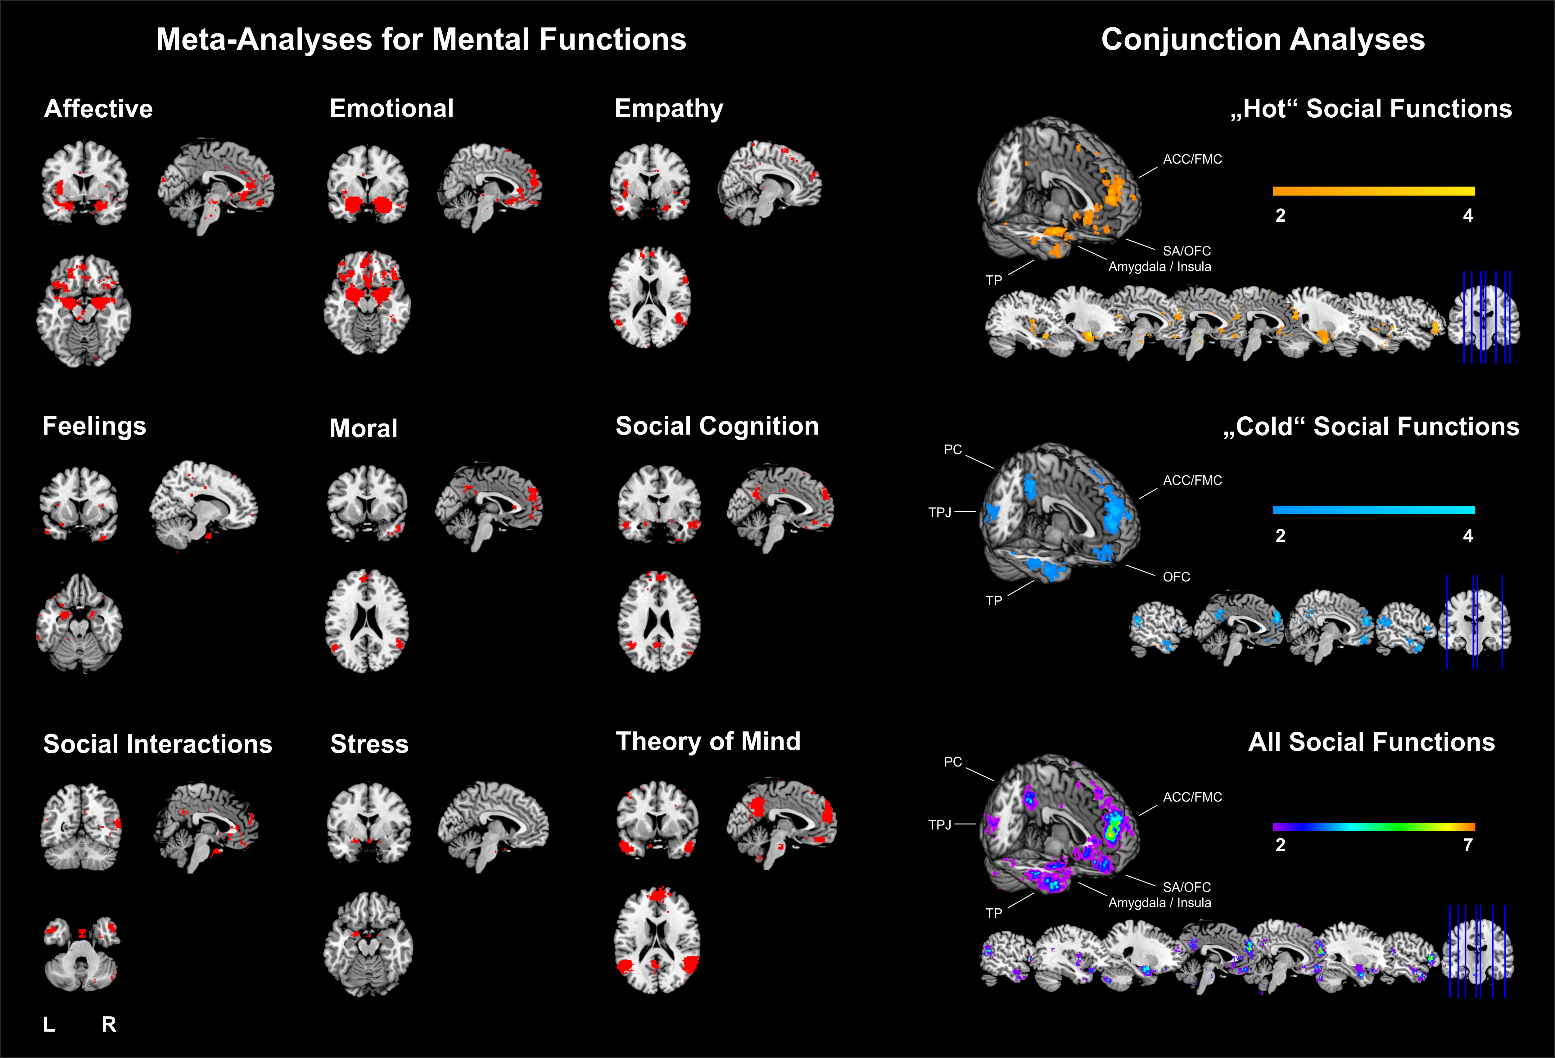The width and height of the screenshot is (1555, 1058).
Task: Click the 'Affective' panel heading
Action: (x=98, y=108)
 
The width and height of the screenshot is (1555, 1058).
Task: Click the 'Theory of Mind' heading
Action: (x=708, y=741)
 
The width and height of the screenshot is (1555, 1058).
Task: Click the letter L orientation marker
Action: (x=49, y=1024)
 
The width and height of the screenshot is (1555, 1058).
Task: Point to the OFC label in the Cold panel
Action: (x=1176, y=577)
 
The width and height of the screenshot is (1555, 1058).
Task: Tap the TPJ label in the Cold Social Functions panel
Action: (x=939, y=513)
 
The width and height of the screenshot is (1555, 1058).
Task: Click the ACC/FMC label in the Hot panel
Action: (x=1192, y=159)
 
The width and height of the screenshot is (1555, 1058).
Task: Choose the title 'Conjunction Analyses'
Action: (x=1263, y=39)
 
